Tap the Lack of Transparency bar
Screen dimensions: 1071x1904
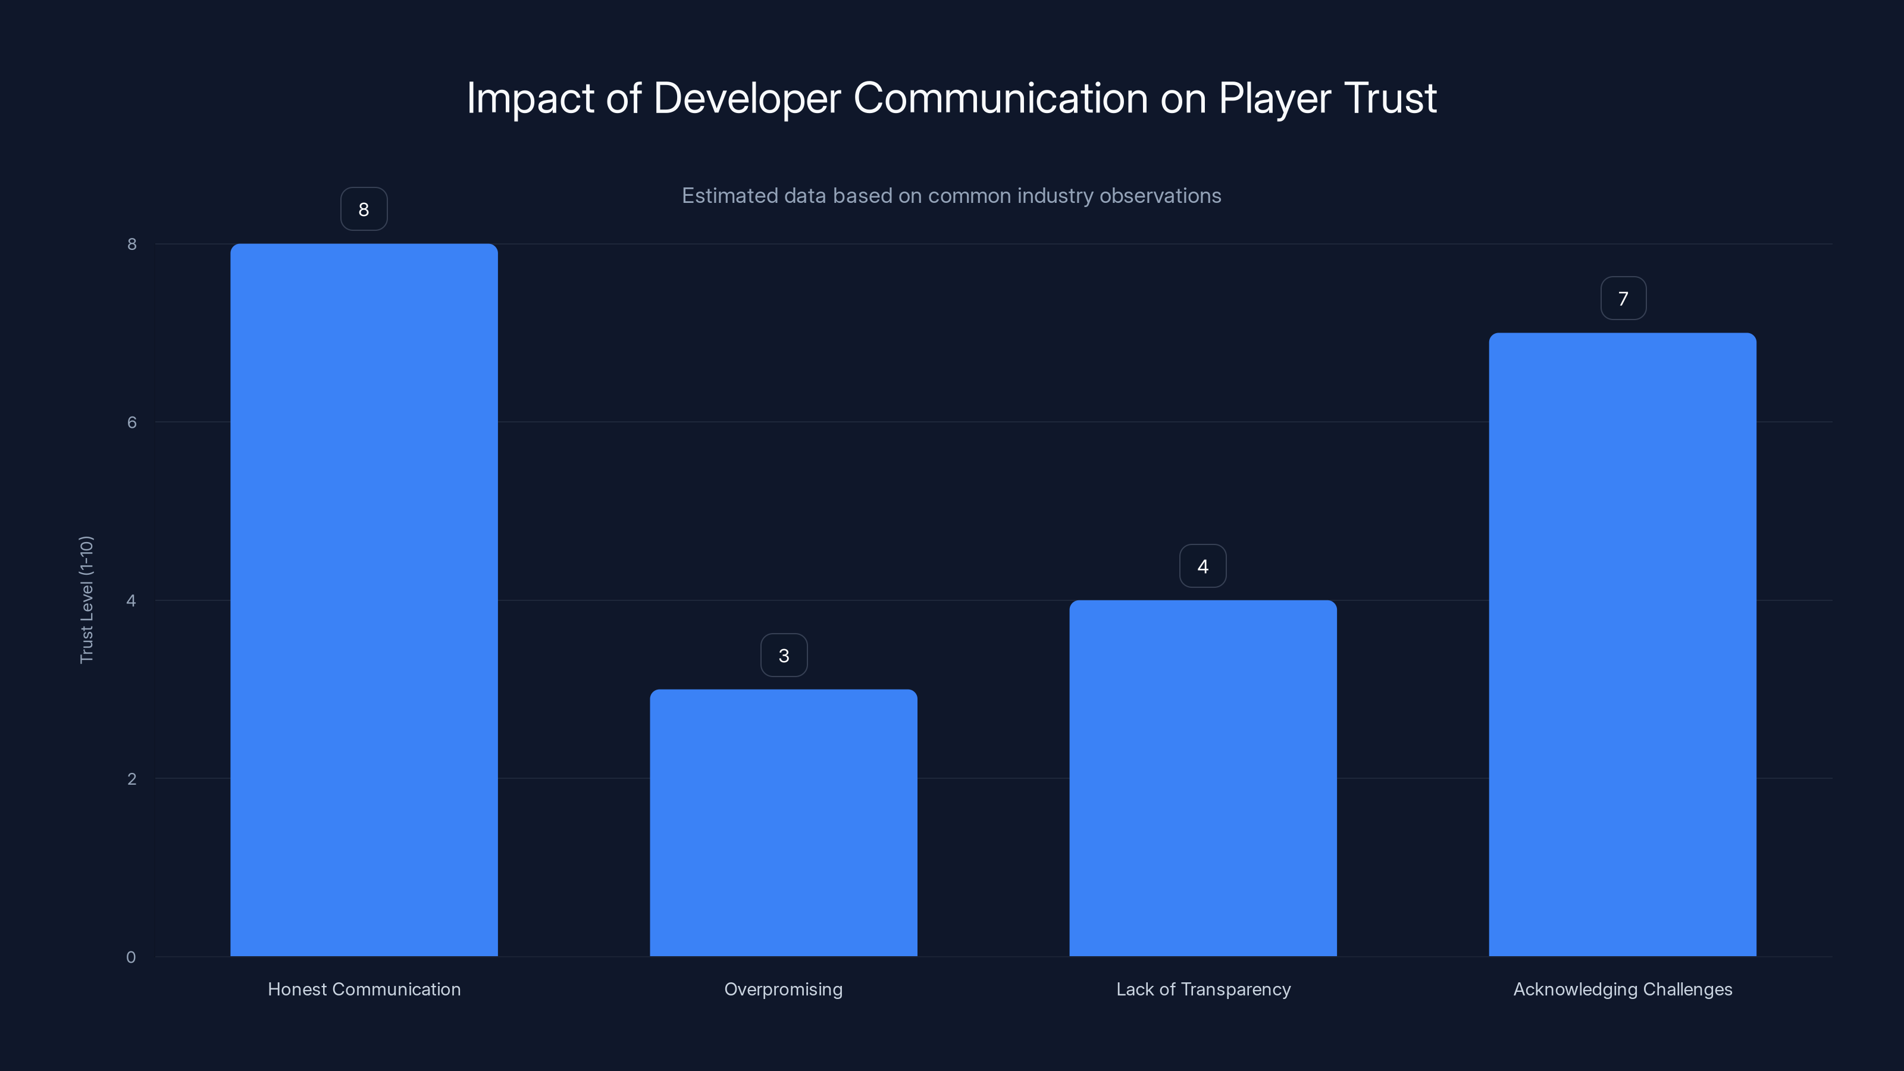tap(1202, 778)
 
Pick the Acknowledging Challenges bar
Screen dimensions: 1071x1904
tap(1623, 644)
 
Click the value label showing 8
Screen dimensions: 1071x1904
tap(364, 209)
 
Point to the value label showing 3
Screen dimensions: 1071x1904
tap(784, 656)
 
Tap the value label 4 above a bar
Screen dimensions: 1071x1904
tap(1202, 566)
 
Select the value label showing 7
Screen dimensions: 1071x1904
tap(1623, 299)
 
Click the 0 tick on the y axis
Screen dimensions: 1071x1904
tap(131, 957)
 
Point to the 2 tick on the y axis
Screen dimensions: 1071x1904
tap(131, 778)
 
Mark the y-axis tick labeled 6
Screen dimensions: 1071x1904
tap(131, 422)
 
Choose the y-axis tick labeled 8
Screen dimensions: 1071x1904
tap(131, 244)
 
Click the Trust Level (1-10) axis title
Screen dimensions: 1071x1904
tap(86, 599)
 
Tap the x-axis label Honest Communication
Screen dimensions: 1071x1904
tap(364, 989)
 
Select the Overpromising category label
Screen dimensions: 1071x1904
tap(784, 989)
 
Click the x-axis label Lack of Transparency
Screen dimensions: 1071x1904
tap(1202, 989)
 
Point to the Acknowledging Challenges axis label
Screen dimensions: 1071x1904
tap(1623, 989)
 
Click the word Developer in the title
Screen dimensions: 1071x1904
tap(747, 98)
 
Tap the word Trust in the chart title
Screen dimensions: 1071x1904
tap(1389, 98)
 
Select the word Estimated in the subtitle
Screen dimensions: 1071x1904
tap(729, 196)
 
